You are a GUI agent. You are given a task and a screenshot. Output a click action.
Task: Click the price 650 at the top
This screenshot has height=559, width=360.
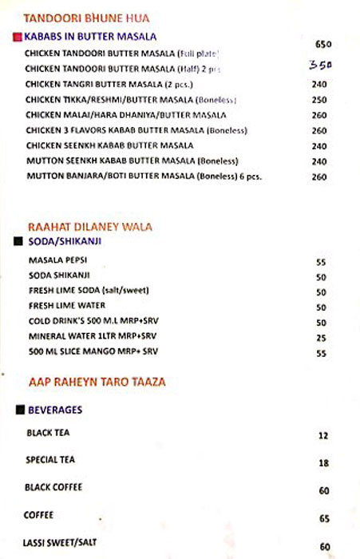tap(322, 44)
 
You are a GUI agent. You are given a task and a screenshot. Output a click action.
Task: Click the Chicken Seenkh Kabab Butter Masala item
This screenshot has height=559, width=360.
tap(109, 145)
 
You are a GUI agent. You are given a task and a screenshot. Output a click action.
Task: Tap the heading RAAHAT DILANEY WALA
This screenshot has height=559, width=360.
tap(89, 226)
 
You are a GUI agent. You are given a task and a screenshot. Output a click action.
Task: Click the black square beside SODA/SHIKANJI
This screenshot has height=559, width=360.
tap(18, 240)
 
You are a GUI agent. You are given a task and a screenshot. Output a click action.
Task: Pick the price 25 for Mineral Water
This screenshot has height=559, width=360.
tap(321, 338)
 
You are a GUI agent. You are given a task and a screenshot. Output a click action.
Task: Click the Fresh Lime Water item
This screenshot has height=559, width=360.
tap(67, 306)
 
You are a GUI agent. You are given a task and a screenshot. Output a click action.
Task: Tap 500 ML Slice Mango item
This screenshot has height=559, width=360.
tap(93, 351)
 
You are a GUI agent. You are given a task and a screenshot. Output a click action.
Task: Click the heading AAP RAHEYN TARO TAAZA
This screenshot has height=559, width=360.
tap(97, 382)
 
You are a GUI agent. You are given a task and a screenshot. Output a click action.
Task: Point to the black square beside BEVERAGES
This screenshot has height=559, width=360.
tap(19, 410)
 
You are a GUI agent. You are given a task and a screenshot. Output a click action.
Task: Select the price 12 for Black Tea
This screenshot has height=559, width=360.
tap(323, 436)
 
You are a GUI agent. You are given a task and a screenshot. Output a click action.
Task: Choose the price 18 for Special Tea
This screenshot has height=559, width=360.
tap(323, 463)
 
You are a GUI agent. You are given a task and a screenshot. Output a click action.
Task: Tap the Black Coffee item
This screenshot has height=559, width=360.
tap(54, 487)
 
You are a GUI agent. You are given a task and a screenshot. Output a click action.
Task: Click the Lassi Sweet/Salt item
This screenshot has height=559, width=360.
tap(61, 543)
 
